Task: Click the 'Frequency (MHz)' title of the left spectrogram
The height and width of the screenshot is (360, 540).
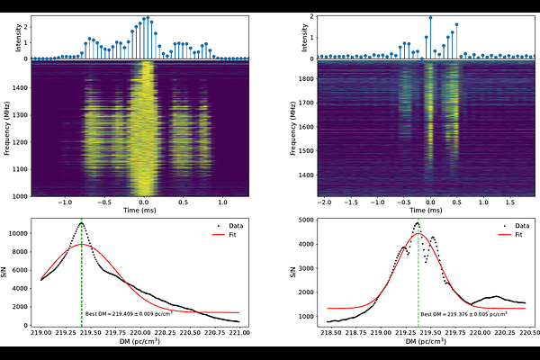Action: tap(7, 127)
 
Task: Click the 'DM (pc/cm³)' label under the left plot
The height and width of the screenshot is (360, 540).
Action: tap(139, 343)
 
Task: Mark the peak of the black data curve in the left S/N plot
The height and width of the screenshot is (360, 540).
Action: tap(81, 222)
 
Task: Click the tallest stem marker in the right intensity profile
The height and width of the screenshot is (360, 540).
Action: tap(430, 17)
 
